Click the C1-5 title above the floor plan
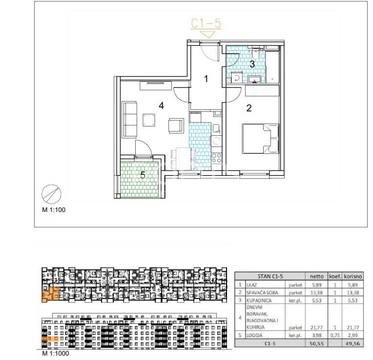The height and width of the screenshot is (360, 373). [206, 23]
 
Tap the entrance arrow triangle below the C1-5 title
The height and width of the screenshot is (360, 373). [208, 34]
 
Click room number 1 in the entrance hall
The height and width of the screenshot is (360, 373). [206, 79]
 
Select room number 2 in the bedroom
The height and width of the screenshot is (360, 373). [249, 108]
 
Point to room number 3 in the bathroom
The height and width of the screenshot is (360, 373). [252, 64]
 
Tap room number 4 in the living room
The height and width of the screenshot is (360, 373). [161, 106]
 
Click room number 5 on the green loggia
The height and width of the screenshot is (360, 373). [143, 175]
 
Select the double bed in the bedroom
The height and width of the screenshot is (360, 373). [260, 138]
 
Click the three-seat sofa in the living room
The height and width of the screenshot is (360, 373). [129, 120]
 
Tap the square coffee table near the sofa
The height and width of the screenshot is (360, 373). [149, 120]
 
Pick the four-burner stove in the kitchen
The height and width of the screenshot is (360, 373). [216, 158]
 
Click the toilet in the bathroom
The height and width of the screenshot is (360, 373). [255, 52]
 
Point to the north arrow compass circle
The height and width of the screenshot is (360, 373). [51, 194]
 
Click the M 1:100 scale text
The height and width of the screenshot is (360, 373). [54, 210]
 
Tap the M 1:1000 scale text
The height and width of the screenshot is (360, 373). [56, 353]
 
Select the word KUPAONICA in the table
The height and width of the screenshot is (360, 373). [259, 300]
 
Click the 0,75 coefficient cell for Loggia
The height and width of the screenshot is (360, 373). [335, 335]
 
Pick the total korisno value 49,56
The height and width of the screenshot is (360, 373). [353, 343]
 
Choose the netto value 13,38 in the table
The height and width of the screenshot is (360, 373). [316, 293]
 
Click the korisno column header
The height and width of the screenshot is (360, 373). [353, 276]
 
